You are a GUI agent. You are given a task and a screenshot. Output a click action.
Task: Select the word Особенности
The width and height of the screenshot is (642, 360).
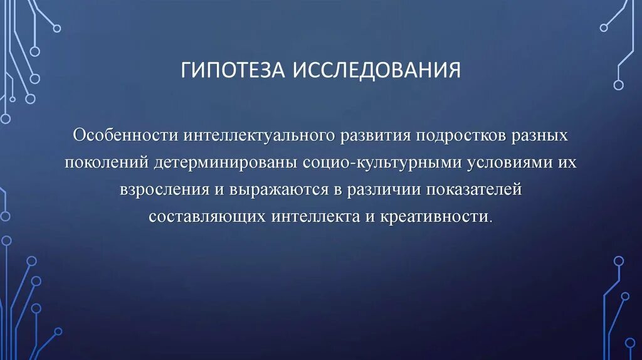coord(125,136)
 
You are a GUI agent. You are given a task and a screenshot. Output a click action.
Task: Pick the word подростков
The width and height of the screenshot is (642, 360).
coord(461,136)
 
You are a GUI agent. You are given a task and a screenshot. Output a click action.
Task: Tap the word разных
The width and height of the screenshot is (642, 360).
coord(540,136)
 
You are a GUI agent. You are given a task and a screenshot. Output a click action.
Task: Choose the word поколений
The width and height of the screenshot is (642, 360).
coord(106,163)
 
